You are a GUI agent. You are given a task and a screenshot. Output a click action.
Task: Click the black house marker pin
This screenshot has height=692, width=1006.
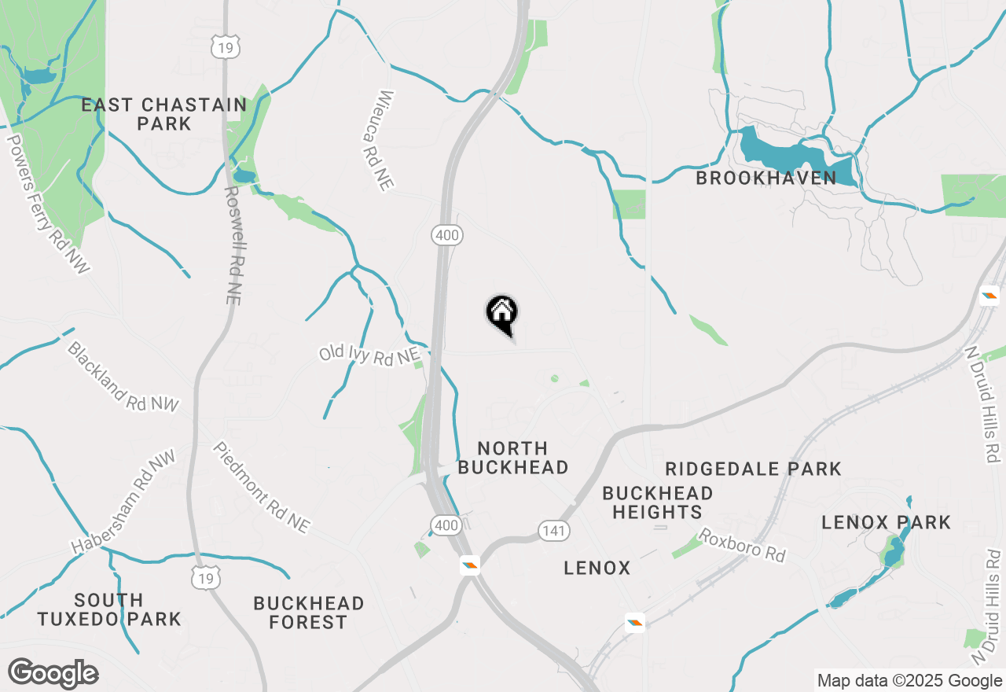pyautogui.click(x=501, y=314)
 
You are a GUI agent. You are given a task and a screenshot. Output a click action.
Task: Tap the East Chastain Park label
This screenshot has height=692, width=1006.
pyautogui.click(x=163, y=114)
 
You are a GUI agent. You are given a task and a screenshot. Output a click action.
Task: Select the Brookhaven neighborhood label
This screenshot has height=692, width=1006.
pyautogui.click(x=766, y=178)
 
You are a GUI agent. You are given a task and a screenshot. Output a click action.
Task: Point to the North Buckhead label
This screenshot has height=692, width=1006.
pyautogui.click(x=512, y=458)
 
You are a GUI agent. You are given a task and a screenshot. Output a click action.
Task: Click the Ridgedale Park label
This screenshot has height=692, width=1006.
pyautogui.click(x=753, y=469)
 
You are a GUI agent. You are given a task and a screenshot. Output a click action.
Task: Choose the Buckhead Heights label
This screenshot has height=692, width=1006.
pyautogui.click(x=657, y=502)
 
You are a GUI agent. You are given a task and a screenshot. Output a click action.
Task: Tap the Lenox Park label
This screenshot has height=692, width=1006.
pyautogui.click(x=886, y=522)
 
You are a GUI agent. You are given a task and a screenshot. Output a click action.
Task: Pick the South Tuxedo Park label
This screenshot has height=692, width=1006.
pyautogui.click(x=109, y=609)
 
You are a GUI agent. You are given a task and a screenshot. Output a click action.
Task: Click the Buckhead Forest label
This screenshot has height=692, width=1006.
pyautogui.click(x=308, y=613)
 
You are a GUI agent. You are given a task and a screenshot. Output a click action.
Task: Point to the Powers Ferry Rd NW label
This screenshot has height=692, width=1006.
pyautogui.click(x=48, y=204)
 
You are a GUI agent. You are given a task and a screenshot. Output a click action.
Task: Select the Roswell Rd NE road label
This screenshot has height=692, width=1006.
pyautogui.click(x=232, y=245)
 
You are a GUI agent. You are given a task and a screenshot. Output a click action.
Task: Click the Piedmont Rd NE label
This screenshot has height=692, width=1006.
pyautogui.click(x=261, y=487)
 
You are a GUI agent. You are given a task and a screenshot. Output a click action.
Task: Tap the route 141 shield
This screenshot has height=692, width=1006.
pyautogui.click(x=554, y=531)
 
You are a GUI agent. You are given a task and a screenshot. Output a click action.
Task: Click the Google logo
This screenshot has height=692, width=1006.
pyautogui.click(x=53, y=673)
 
